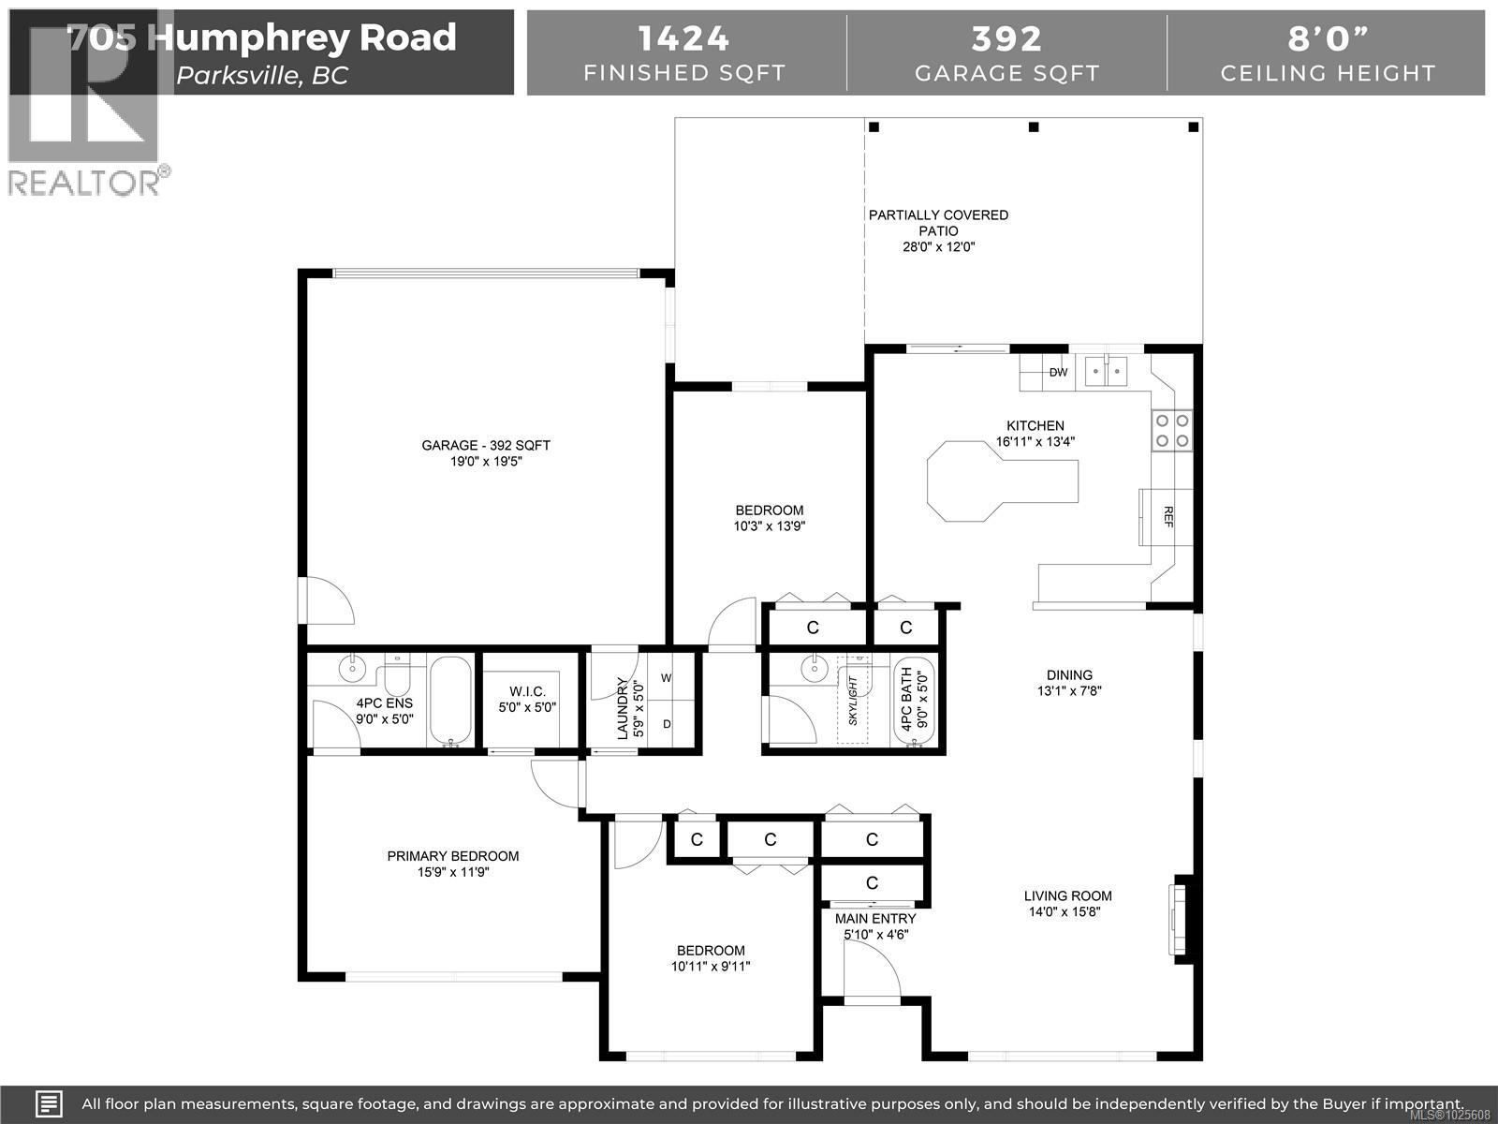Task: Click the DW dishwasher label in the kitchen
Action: [x=1058, y=372]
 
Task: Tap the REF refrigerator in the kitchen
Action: [x=1167, y=516]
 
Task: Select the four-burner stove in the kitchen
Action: [x=1172, y=430]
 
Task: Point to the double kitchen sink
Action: [x=1107, y=372]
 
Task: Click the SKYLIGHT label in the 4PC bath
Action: [x=852, y=701]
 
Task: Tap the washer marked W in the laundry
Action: [x=667, y=677]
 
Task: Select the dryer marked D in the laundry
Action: [x=667, y=724]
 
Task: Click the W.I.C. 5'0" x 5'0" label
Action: [x=527, y=699]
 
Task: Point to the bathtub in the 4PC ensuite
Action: [x=450, y=702]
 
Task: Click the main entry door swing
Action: [x=871, y=972]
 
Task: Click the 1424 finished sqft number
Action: [x=683, y=38]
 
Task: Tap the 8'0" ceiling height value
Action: [x=1327, y=38]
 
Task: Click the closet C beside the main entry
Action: [x=872, y=882]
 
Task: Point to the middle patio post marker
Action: [x=1034, y=127]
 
